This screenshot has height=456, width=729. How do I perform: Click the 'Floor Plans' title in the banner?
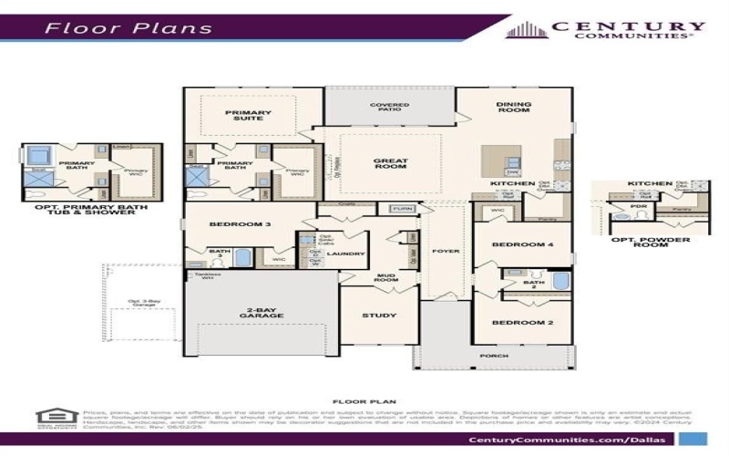pos(128,27)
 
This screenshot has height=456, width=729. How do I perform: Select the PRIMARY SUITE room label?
pos(249,116)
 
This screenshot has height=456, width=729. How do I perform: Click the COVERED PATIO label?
pos(389,108)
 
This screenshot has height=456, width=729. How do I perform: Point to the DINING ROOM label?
pos(513,108)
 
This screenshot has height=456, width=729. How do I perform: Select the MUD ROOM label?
pos(386,277)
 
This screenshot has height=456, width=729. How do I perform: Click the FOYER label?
pos(446,250)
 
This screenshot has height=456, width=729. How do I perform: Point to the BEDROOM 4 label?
pos(522,244)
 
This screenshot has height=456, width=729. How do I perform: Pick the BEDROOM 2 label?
pos(522,323)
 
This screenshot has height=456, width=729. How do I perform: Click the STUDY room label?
pos(379,316)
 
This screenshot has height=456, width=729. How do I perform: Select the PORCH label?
pos(493,356)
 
